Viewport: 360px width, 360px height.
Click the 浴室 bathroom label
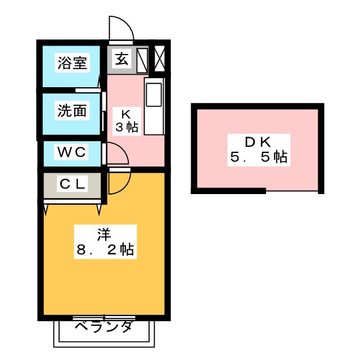click(72, 62)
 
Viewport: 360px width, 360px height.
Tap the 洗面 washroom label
click(72, 110)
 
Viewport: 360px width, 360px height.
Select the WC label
click(72, 152)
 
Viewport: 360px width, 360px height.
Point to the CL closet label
click(72, 184)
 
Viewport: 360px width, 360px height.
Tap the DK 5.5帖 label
click(258, 149)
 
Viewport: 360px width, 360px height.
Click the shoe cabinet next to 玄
click(142, 59)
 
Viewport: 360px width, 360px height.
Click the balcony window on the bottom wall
click(104, 318)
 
